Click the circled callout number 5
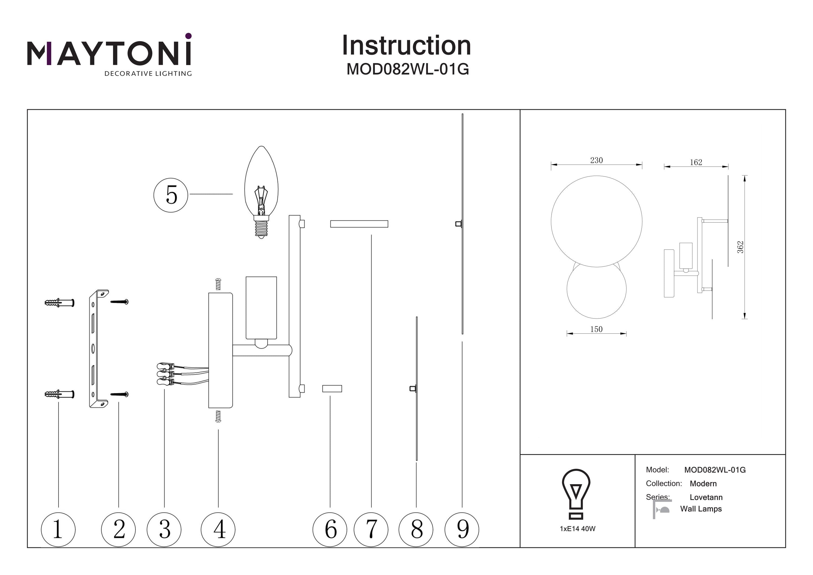pos(171,195)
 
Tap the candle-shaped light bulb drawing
pos(261,191)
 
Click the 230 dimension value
pos(596,160)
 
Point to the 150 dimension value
pos(596,329)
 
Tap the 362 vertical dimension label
pos(740,247)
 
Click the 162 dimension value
pos(696,163)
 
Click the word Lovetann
pos(706,497)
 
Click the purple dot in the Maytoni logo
pos(188,36)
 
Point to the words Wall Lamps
pos(701,509)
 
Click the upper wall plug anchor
pos(60,303)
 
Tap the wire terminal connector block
pos(165,373)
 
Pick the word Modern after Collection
pos(703,484)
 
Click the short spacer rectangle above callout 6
pos(332,389)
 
